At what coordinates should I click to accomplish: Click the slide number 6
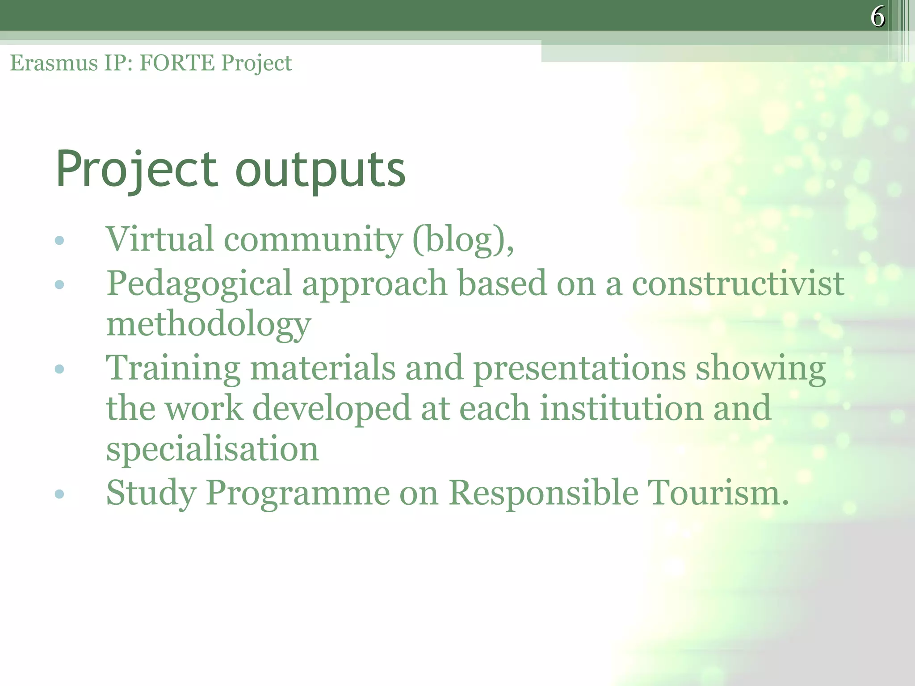[877, 17]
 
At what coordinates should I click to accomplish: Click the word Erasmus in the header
[54, 63]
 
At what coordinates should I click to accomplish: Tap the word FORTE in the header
[177, 63]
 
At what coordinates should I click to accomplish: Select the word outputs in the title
[320, 170]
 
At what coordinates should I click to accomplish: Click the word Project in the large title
[137, 170]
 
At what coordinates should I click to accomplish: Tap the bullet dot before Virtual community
[59, 241]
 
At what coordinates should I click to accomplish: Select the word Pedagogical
[199, 284]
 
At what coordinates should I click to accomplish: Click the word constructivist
[738, 283]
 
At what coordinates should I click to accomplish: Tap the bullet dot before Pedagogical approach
[59, 284]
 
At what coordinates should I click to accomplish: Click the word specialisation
[212, 449]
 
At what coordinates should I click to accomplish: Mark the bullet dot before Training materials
[59, 369]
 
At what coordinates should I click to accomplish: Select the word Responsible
[543, 493]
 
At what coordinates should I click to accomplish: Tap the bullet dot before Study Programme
[59, 494]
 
